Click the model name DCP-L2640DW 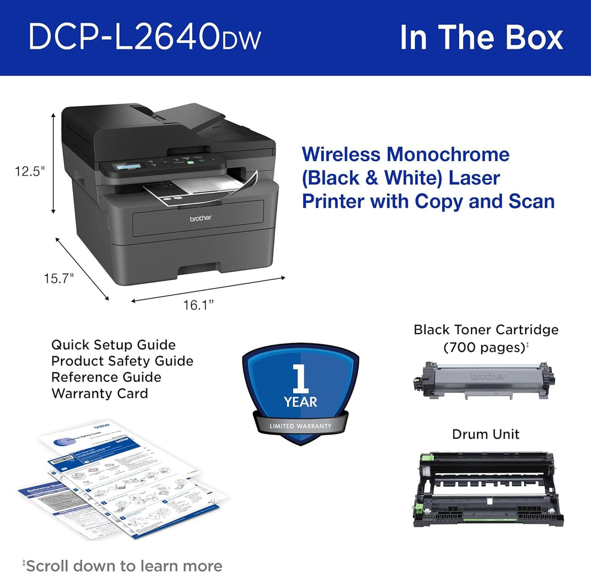pos(145,37)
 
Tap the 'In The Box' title pos(481,37)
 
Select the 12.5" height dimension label pos(30,171)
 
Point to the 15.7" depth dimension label pos(58,278)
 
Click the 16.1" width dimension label pos(198,305)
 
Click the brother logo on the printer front pos(201,218)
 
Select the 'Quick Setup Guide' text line pos(113,345)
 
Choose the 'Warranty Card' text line pos(100,393)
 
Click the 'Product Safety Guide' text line pos(122,361)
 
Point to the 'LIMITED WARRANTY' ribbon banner pos(300,426)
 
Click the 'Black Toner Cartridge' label pos(486,330)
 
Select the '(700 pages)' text pos(484,348)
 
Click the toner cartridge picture pos(483,380)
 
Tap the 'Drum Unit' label pos(485,434)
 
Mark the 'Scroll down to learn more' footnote pos(124,565)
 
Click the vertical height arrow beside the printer pos(54,163)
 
